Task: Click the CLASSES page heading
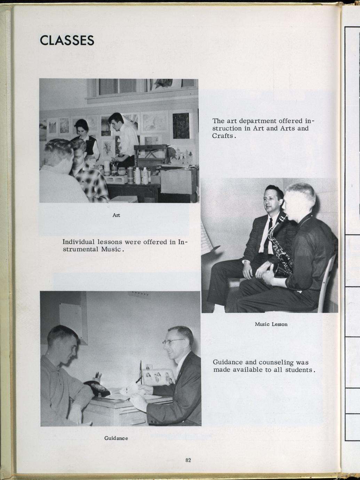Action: [x=67, y=40]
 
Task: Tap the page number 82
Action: [x=188, y=460]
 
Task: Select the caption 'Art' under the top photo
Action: [x=116, y=215]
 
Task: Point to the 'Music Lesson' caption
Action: [x=271, y=324]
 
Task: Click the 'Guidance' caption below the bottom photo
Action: [x=116, y=438]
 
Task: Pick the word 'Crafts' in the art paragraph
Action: [x=223, y=136]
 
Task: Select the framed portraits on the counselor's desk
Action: [x=158, y=377]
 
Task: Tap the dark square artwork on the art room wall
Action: [x=181, y=125]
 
